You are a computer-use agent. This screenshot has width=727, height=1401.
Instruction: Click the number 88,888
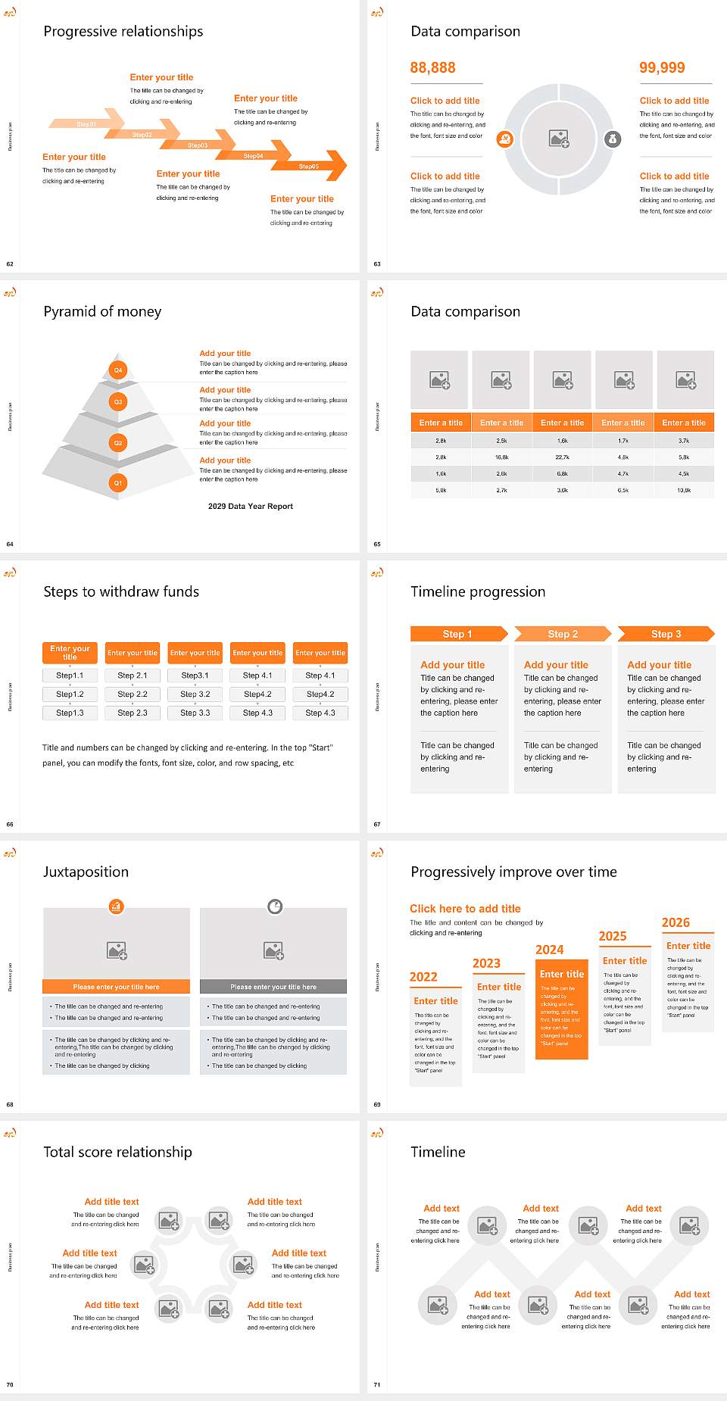432,67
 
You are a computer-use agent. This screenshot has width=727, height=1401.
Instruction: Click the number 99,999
662,67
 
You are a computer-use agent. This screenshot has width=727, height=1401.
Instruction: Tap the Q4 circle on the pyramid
118,370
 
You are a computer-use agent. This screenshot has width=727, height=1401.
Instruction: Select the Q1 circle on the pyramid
118,482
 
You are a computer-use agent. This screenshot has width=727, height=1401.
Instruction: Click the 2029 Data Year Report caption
250,506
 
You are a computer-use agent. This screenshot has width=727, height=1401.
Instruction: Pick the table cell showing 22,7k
562,457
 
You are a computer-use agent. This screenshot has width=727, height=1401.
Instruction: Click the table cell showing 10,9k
684,491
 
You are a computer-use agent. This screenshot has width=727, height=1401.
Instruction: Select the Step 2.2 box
133,694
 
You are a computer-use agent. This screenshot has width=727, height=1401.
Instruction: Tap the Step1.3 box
70,713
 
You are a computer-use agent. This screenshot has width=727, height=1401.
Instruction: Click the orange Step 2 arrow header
562,634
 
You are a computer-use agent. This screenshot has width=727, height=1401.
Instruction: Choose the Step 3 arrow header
666,634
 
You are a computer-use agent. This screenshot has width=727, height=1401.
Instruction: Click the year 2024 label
549,950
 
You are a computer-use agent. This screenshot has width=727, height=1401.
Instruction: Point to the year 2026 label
676,922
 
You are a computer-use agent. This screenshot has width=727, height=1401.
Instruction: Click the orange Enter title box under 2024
561,975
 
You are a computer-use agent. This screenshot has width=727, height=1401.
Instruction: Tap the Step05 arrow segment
309,166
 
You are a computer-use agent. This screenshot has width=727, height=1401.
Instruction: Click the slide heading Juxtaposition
86,872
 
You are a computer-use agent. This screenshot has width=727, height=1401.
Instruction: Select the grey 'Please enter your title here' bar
273,987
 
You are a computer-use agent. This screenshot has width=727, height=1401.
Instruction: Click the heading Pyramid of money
102,311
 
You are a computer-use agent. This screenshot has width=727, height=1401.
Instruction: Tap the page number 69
377,1104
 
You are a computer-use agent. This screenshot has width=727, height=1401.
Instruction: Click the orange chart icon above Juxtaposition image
116,906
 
